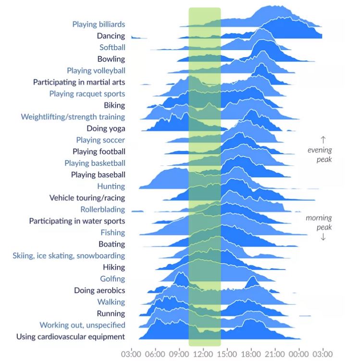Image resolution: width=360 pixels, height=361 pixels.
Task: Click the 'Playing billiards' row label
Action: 99,24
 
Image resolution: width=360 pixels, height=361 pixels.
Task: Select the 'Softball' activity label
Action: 112,47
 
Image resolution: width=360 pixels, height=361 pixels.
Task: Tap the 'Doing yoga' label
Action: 106,128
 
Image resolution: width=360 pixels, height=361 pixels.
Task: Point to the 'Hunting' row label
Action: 111,186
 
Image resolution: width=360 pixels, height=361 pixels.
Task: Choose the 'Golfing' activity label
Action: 112,279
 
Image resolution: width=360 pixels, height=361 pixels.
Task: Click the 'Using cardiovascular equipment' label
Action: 71,336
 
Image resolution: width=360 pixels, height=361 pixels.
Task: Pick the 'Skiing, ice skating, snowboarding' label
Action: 69,256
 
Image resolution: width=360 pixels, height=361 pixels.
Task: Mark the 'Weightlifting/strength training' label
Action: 73,117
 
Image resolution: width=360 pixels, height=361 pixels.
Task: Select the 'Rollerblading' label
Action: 102,209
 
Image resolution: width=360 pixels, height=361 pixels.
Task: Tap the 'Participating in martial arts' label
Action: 79,82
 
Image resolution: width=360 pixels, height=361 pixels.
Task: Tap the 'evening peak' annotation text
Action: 320,155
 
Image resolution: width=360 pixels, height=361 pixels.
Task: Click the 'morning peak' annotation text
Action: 319,223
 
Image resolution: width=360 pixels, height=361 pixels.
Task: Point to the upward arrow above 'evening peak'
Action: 323,139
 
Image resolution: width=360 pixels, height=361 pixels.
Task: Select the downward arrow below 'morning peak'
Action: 323,237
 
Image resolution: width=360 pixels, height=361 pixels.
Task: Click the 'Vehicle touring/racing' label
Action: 87,198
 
